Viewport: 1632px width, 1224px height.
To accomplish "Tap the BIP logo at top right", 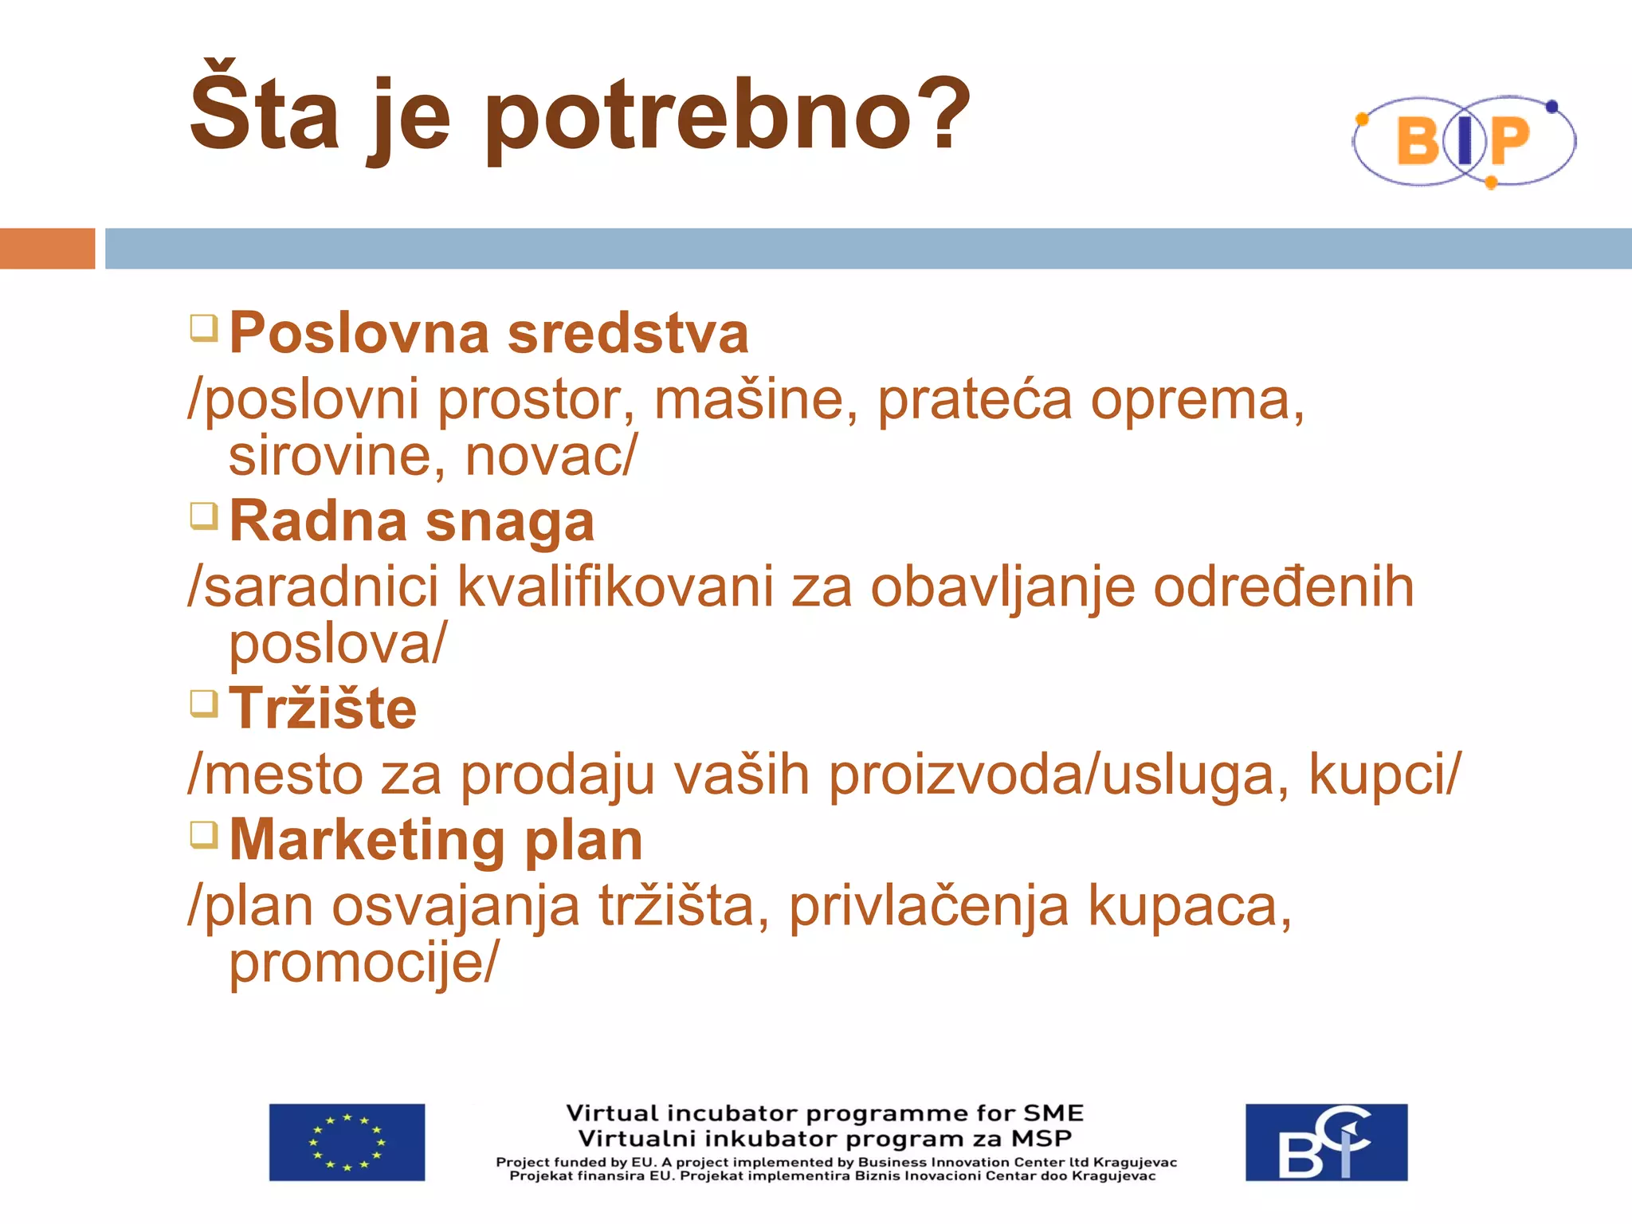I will tap(1464, 141).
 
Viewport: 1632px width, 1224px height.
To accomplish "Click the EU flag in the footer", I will tap(347, 1142).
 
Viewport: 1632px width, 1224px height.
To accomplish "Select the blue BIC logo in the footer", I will tap(1326, 1142).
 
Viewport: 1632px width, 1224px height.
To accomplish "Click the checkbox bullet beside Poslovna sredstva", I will tap(204, 328).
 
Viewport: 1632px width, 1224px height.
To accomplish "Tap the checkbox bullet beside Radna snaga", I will tap(204, 516).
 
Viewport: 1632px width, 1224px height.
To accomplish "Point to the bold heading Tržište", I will tap(323, 708).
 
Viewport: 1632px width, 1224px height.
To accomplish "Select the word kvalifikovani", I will tap(614, 587).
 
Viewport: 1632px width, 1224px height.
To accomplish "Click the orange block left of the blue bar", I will tap(47, 249).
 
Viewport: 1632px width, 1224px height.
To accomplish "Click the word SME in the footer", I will tap(1053, 1113).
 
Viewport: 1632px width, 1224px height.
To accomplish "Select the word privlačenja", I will tap(928, 907).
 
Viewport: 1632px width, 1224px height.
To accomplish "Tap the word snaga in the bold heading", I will tap(510, 523).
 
